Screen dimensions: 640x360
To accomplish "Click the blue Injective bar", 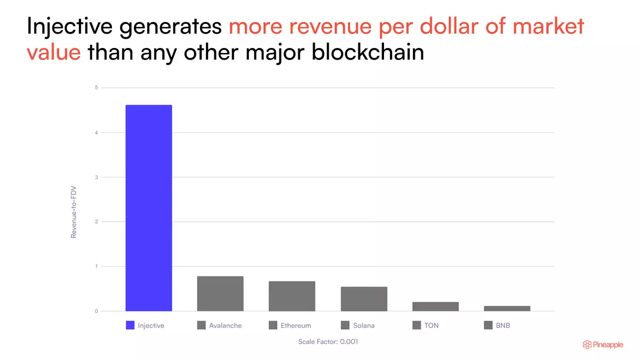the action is tap(149, 208).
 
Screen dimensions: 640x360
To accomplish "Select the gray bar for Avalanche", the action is tap(220, 293).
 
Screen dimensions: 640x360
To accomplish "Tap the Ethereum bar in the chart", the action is tap(292, 296).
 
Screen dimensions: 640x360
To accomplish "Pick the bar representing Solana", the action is tap(364, 299).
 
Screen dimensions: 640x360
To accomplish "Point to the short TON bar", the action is tap(435, 307).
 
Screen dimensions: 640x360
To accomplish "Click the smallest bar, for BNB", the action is tap(507, 309).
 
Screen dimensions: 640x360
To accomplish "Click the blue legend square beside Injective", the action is tap(130, 325).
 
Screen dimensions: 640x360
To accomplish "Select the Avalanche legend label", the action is tap(226, 325).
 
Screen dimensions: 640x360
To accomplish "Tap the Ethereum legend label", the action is tap(295, 325).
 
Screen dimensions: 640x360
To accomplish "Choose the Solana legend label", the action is tap(364, 325).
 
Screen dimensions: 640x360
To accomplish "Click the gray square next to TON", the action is tap(417, 325).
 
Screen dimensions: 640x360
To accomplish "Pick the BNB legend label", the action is tap(503, 325).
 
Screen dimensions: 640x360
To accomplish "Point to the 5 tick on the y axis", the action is tap(97, 87).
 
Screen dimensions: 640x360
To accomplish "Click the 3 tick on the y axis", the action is tap(97, 177).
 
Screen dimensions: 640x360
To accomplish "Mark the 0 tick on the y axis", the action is tap(97, 311).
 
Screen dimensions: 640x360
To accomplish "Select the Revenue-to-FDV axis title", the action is tap(74, 212).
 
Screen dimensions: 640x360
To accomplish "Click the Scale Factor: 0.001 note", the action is tap(328, 341).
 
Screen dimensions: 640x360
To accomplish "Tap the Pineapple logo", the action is tap(603, 345).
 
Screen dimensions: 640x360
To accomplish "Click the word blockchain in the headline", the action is tap(367, 52).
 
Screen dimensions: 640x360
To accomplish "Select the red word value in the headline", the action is tap(54, 53).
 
